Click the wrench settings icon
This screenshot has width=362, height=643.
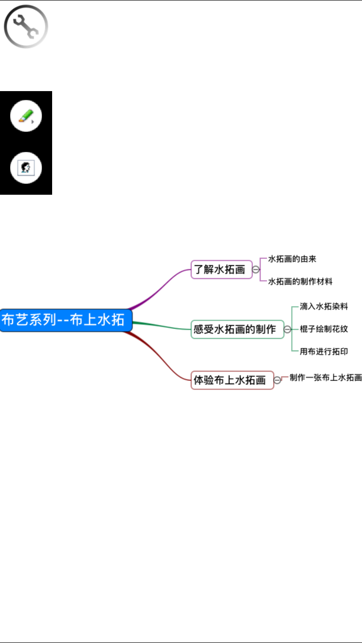(26, 27)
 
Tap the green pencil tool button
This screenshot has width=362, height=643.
(26, 116)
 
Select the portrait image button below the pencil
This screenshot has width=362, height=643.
(26, 168)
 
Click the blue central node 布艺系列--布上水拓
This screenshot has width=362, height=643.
(66, 320)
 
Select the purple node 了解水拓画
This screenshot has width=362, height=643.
(222, 269)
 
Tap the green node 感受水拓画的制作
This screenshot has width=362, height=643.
(237, 329)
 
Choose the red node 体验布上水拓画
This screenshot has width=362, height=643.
(232, 380)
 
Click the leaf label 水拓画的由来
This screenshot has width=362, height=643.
(292, 259)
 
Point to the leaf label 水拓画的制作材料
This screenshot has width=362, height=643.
(300, 281)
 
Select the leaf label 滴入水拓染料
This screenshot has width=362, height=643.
(324, 307)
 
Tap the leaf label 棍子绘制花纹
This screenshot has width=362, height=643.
(324, 329)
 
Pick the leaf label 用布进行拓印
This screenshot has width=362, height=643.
(324, 351)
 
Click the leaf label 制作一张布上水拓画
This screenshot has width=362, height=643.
(325, 377)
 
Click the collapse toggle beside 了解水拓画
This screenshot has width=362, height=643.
(256, 269)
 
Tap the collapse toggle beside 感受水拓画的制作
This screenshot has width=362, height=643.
(287, 329)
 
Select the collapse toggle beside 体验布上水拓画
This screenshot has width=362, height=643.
(277, 380)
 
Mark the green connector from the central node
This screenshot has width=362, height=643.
(162, 325)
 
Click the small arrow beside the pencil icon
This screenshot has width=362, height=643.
(32, 122)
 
